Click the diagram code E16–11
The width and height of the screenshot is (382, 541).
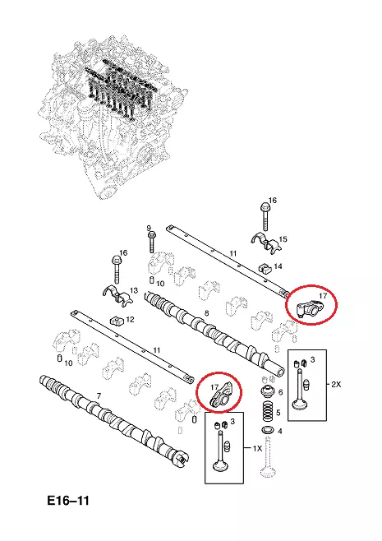click(x=68, y=501)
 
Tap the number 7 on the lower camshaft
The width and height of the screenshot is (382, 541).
click(x=99, y=396)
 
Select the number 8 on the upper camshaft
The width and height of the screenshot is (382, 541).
click(x=206, y=313)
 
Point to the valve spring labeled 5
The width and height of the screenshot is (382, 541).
click(x=268, y=412)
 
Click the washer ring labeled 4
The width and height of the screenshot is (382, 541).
click(x=266, y=431)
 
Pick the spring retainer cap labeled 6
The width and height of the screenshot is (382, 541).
click(x=268, y=392)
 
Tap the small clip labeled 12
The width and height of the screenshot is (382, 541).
click(x=116, y=321)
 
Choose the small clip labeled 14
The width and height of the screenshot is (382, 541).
click(x=264, y=267)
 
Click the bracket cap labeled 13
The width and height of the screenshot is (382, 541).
click(x=117, y=295)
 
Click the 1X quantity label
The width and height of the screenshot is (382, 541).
click(x=257, y=449)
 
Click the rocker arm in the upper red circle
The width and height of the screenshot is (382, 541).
click(x=308, y=308)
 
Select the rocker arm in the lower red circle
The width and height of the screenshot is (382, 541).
click(x=221, y=395)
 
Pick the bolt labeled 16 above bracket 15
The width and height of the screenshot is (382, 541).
click(x=265, y=216)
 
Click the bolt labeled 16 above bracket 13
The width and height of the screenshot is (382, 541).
click(x=116, y=270)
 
